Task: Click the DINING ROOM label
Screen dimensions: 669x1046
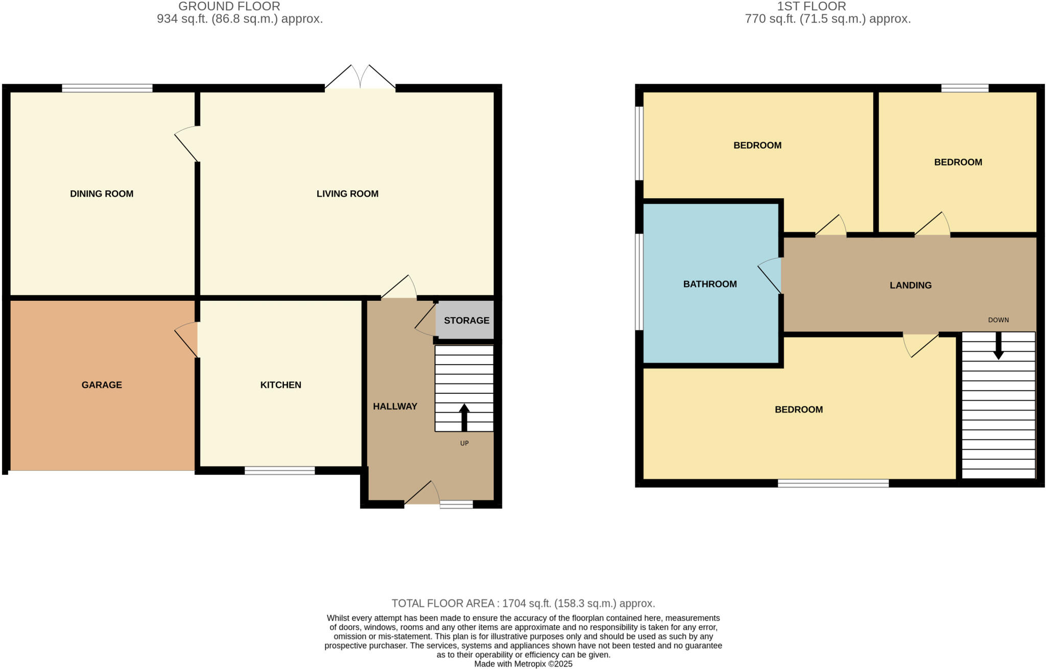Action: (102, 194)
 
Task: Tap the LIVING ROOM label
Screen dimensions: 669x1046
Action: (347, 194)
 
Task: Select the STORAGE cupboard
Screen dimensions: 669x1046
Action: (466, 320)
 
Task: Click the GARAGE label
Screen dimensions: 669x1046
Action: (102, 385)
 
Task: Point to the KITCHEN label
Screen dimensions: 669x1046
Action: (280, 385)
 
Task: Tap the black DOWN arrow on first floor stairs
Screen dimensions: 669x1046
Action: (998, 346)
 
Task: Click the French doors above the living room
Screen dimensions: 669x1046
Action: (360, 79)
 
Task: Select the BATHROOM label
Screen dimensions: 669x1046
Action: (709, 284)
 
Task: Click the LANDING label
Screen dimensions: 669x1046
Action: (910, 285)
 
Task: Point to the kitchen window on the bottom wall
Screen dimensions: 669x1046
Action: (279, 470)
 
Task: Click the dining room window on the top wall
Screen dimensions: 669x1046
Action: (107, 88)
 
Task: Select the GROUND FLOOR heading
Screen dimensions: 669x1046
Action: (229, 7)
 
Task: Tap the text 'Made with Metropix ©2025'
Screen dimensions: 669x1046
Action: (523, 664)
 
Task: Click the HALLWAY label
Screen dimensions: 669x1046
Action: (395, 406)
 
